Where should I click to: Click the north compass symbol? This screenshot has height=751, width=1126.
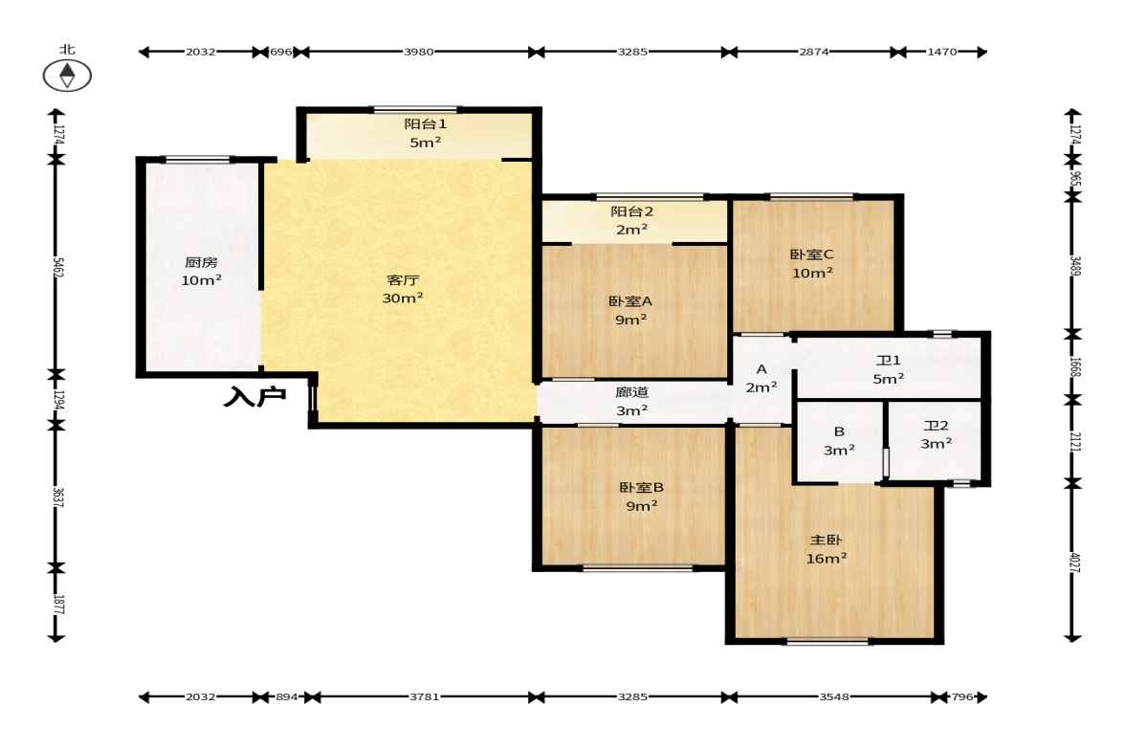pyautogui.click(x=67, y=75)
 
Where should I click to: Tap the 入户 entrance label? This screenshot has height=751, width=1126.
pyautogui.click(x=254, y=396)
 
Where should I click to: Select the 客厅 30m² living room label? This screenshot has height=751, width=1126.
pyautogui.click(x=402, y=289)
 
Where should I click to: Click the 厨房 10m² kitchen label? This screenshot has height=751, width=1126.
pyautogui.click(x=201, y=272)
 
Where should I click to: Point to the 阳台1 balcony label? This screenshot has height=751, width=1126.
pyautogui.click(x=425, y=124)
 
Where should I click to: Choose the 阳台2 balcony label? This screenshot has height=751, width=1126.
pyautogui.click(x=632, y=211)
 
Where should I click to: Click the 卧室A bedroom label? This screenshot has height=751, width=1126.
pyautogui.click(x=630, y=301)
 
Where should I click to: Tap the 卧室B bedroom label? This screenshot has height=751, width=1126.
pyautogui.click(x=641, y=488)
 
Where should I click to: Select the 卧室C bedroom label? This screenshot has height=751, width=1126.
pyautogui.click(x=811, y=254)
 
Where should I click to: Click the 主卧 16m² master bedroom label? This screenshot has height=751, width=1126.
pyautogui.click(x=826, y=549)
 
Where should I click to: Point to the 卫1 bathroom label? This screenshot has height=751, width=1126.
pyautogui.click(x=889, y=361)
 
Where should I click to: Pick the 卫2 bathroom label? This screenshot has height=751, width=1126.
pyautogui.click(x=937, y=426)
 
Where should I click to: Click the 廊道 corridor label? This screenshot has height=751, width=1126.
pyautogui.click(x=632, y=392)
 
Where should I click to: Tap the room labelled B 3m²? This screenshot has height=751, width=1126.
pyautogui.click(x=839, y=441)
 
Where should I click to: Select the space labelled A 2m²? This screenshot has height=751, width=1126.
pyautogui.click(x=762, y=379)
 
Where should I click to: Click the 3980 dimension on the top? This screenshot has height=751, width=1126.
pyautogui.click(x=419, y=52)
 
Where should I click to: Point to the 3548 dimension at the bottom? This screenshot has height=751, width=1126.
pyautogui.click(x=834, y=696)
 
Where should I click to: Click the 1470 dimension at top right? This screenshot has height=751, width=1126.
pyautogui.click(x=942, y=52)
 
